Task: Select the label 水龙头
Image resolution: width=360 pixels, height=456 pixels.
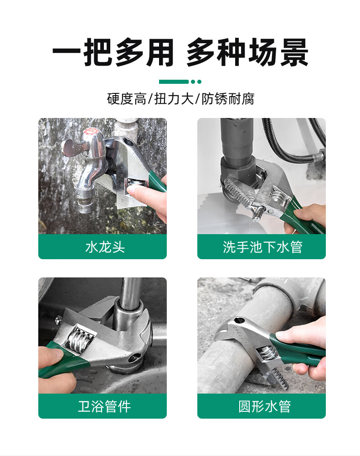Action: (105, 247)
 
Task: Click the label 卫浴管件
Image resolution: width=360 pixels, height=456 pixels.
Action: (104, 406)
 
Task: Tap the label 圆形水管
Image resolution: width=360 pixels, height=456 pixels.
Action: (264, 406)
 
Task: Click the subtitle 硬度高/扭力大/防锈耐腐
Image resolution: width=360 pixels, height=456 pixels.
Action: (180, 99)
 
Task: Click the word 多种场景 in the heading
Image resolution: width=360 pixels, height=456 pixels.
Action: (247, 53)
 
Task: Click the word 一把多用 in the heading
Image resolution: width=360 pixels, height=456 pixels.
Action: (113, 53)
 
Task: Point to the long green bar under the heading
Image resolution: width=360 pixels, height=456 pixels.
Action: (174, 82)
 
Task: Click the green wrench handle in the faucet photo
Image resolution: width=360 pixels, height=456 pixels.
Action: (158, 181)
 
